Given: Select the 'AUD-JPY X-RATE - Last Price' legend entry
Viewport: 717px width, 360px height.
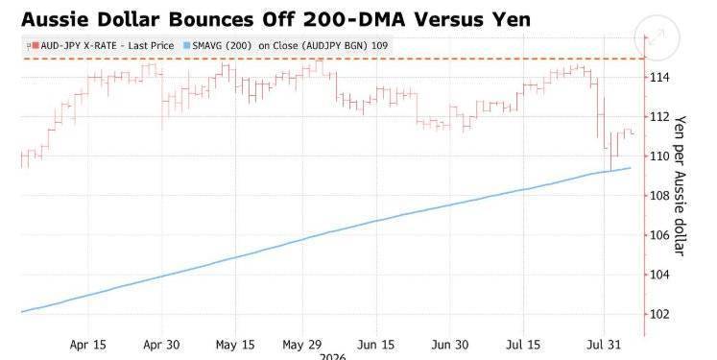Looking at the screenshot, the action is pos(104,46).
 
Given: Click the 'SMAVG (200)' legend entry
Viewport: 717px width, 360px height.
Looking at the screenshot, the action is pos(286,46).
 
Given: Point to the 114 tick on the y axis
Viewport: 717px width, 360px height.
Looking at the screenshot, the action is pos(659,78).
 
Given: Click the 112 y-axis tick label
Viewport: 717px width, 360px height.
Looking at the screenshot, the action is pos(659,117).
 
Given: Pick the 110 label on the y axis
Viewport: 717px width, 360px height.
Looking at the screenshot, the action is pos(659,156).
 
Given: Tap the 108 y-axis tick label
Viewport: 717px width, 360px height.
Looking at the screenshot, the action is pos(659,196).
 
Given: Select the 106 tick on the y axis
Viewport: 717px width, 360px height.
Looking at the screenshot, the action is pos(659,235).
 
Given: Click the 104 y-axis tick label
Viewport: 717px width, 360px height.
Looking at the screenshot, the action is pos(659,275).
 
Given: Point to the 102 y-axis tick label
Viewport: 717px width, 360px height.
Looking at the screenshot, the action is pos(659,314).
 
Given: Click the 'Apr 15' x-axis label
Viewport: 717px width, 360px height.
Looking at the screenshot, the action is pos(87,345).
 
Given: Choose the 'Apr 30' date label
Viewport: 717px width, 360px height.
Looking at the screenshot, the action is pos(161,345).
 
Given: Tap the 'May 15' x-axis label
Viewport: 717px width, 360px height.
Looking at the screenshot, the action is pos(235,345).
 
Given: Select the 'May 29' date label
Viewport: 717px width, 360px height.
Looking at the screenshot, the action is pos(302,345).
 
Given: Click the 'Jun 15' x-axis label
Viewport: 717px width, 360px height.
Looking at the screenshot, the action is pos(376,345).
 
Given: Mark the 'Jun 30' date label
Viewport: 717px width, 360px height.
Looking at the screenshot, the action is pos(449,345).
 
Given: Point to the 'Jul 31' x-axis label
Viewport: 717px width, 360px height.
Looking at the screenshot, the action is pos(604,345).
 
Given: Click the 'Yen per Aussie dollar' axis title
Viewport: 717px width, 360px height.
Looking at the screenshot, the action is pos(680,185).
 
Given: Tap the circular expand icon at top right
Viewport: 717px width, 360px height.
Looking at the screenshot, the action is pos(657,37).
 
